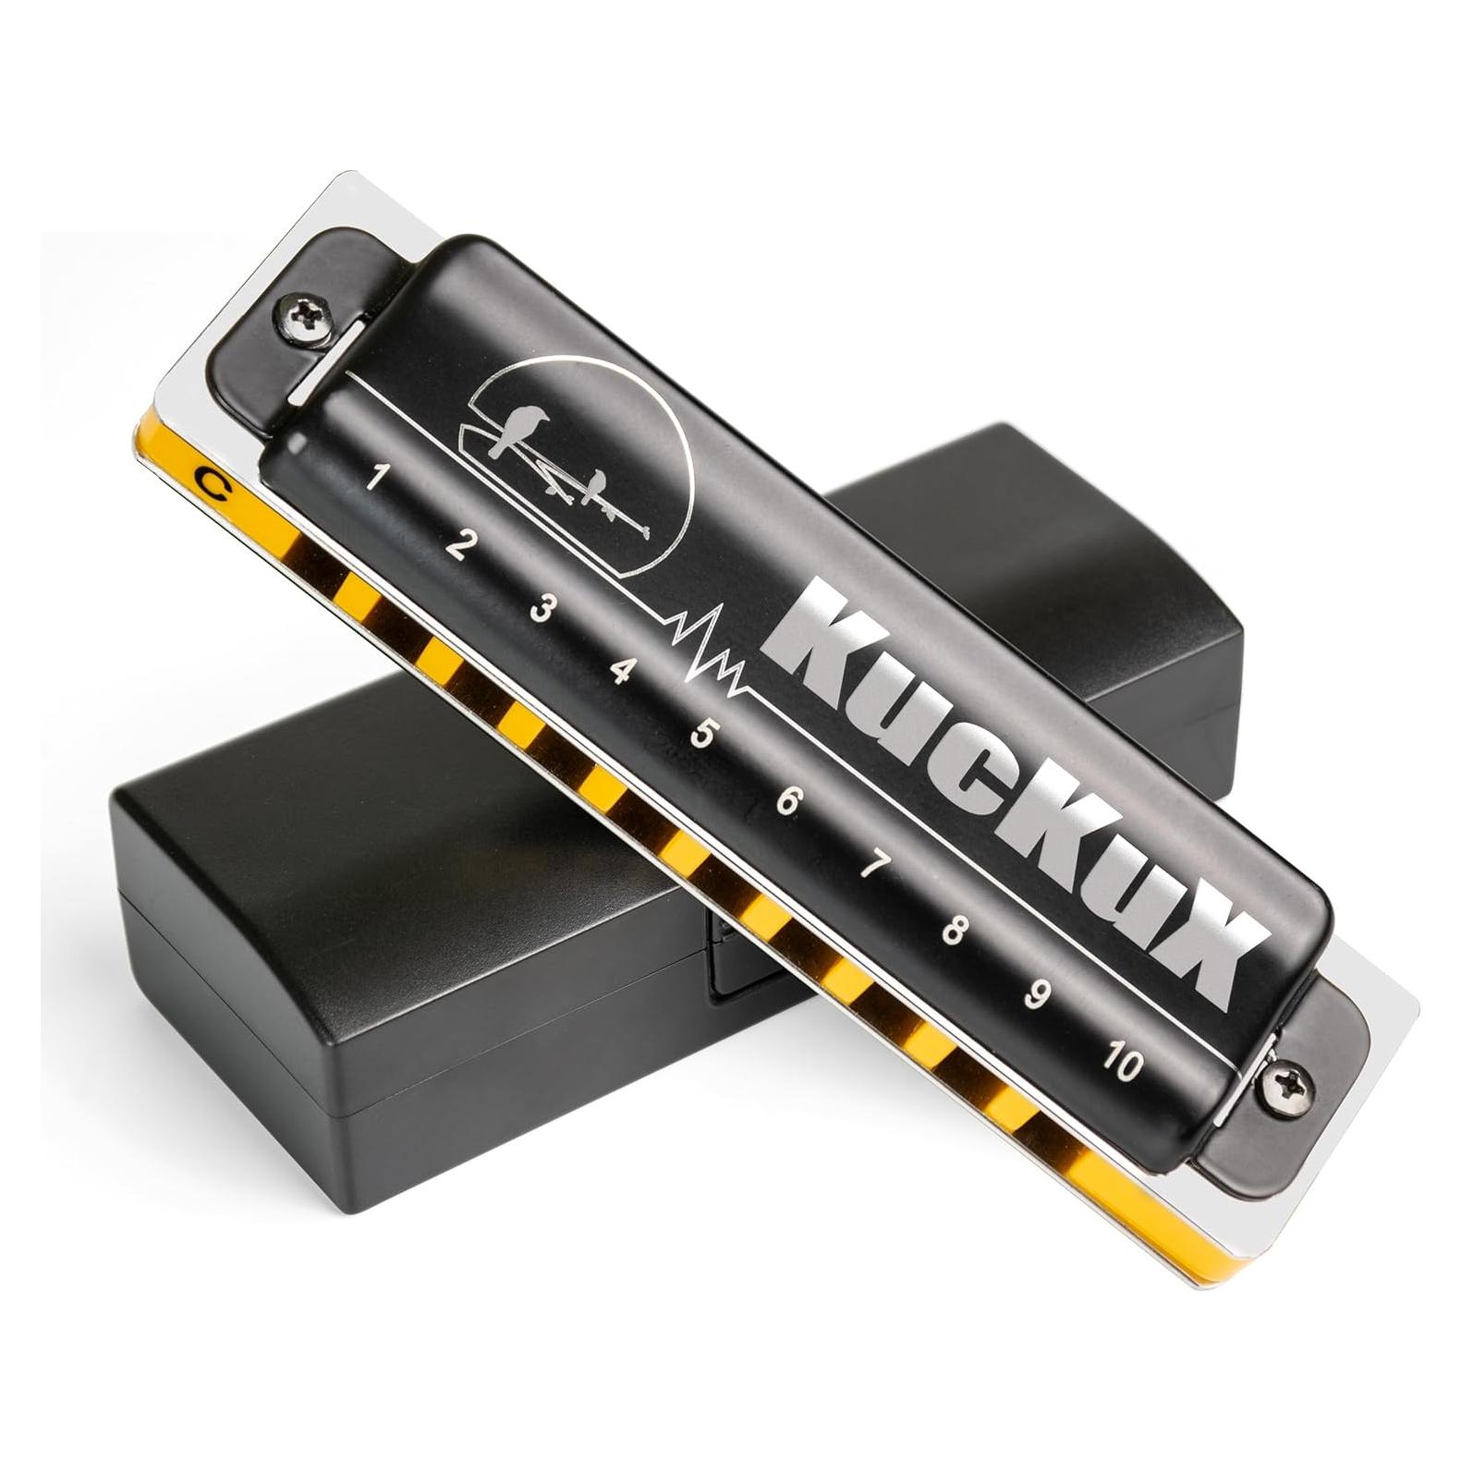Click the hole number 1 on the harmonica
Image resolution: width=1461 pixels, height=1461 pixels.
[375, 478]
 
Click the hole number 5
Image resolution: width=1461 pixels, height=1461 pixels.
[703, 735]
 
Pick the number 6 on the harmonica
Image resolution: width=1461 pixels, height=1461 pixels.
[787, 801]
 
